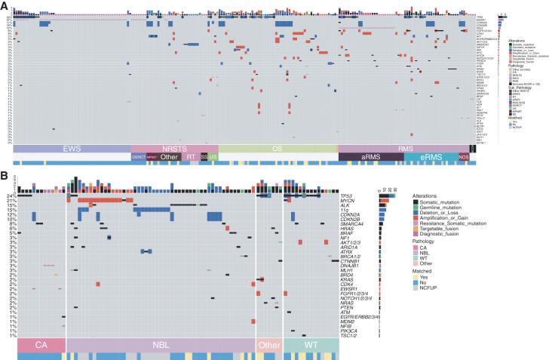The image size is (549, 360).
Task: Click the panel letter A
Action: (x=5, y=6)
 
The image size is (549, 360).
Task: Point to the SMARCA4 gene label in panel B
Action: (x=357, y=224)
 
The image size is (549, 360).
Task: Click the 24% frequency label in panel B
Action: (x=11, y=194)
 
